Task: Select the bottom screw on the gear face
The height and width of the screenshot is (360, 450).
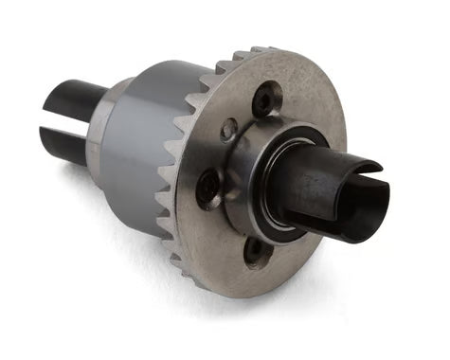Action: pos(254,251)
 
